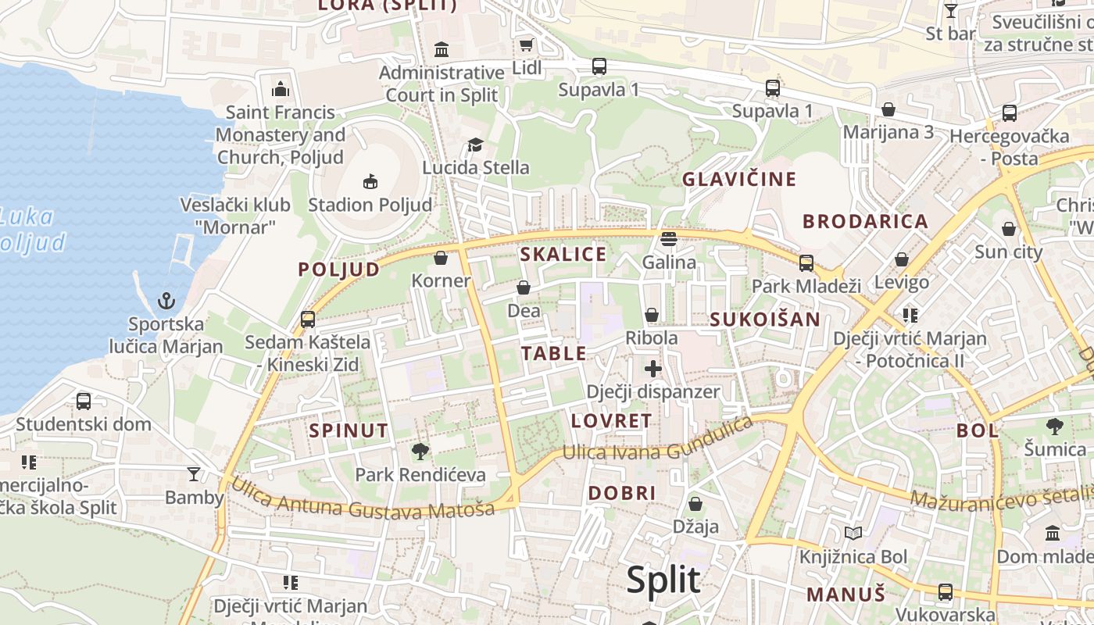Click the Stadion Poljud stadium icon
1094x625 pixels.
[x=370, y=182]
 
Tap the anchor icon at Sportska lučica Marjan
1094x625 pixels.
[x=166, y=301]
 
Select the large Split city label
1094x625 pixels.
[x=663, y=580]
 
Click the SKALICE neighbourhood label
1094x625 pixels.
[x=563, y=254]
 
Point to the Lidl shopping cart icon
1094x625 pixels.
[x=526, y=45]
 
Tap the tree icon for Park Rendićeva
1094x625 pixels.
[x=420, y=451]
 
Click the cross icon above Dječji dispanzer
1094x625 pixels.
[x=653, y=369]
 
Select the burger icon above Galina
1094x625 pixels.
[x=668, y=239]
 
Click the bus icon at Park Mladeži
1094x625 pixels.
[x=806, y=263]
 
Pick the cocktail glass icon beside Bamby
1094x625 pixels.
[x=194, y=473]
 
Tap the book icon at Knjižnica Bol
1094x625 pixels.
[x=853, y=534]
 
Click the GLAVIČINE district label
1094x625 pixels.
[x=738, y=179]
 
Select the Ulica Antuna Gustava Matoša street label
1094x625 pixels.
[x=363, y=500]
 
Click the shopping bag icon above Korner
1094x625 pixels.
[x=441, y=258]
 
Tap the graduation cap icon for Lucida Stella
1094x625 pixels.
[x=475, y=145]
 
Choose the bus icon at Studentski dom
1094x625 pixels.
[x=84, y=402]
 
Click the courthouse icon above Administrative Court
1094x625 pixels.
[x=442, y=49]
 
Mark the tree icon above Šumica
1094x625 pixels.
[x=1055, y=427]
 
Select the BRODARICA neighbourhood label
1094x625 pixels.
[x=865, y=221]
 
